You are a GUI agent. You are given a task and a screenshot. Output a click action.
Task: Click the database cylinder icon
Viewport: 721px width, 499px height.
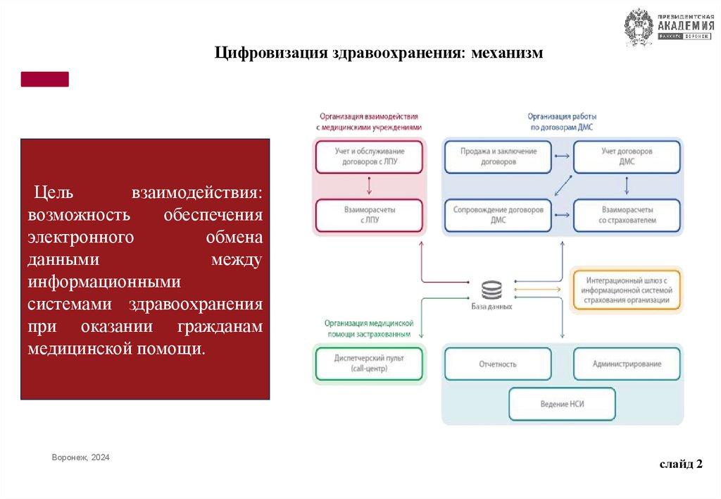coord(491,290)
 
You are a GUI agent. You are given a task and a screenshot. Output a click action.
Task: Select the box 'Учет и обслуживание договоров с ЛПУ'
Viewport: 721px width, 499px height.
coord(370,156)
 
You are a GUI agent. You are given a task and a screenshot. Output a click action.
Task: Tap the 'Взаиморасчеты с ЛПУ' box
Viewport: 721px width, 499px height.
coord(370,215)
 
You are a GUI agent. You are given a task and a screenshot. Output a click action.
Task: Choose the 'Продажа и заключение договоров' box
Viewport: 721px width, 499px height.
coord(499,156)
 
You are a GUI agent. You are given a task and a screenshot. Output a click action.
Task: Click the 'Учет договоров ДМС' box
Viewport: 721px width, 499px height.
coord(627,156)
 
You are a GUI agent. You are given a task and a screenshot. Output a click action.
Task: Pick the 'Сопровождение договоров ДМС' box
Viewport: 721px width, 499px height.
coord(499,215)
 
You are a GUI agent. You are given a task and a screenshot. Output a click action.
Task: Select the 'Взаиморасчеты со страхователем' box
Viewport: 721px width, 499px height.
coord(627,215)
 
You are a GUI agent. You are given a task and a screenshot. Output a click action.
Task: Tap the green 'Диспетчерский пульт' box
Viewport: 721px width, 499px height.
coord(370,364)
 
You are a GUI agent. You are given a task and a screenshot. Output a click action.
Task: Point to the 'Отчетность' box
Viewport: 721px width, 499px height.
coord(499,364)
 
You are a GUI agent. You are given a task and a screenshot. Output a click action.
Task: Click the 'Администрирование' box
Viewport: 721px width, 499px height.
coord(627,364)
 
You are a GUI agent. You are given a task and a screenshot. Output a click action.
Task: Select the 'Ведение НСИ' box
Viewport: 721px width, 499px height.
coord(562,404)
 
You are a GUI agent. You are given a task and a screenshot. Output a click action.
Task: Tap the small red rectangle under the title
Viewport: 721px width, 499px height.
coord(45,79)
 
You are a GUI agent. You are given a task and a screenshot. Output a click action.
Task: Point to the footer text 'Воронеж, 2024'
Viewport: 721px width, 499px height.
coord(81,458)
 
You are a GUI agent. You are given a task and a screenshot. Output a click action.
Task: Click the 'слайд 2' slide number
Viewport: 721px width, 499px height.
coord(681,463)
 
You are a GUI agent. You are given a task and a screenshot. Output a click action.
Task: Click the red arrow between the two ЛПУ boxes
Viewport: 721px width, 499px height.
coord(370,186)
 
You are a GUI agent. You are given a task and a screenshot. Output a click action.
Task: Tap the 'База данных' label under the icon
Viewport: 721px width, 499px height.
coord(491,307)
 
